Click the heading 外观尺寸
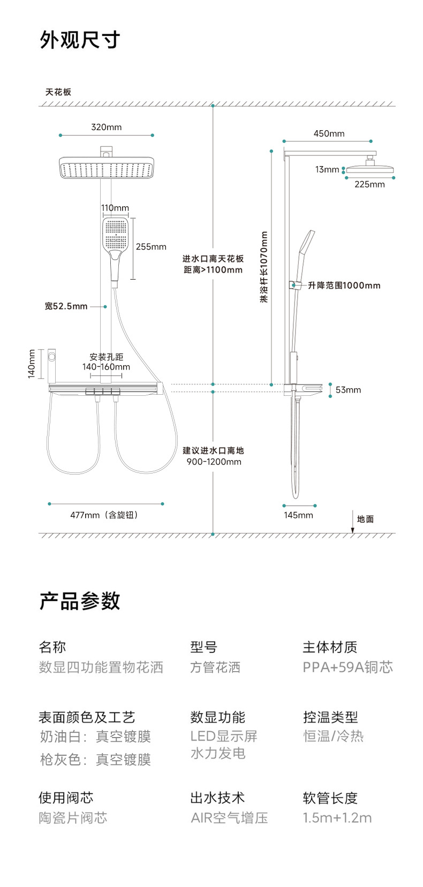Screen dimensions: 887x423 [80, 40]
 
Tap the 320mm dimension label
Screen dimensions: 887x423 [106, 127]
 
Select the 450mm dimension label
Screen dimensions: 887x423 [329, 133]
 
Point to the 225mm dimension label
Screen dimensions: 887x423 [369, 184]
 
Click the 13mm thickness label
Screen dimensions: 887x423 [327, 169]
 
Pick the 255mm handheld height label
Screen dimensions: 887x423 [151, 247]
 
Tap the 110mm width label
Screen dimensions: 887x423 [115, 208]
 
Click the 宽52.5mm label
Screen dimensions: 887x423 [66, 306]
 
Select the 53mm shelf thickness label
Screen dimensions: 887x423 [348, 390]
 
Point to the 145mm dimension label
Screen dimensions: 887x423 [298, 515]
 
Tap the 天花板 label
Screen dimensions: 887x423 [58, 92]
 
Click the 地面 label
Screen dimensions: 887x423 [365, 519]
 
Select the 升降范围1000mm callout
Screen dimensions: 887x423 [344, 285]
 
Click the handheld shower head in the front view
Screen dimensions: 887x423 [116, 236]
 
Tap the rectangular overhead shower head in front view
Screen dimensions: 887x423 [106, 168]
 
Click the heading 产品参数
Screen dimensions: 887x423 [80, 601]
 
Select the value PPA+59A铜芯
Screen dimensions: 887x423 [348, 667]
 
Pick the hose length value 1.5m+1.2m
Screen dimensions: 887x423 [337, 818]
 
